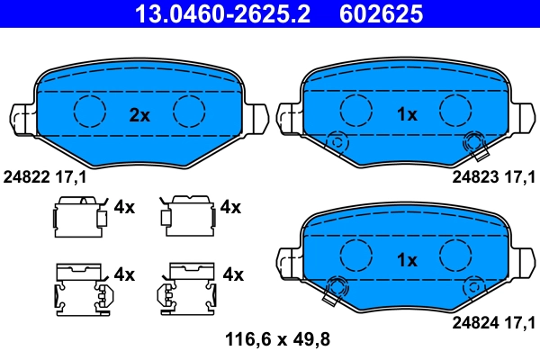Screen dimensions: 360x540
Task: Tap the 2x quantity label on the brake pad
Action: pos(139,114)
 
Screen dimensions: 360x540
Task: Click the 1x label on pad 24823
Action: pos(407,114)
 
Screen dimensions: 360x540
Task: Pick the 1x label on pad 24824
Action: pos(407,260)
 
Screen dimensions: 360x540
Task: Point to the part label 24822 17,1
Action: pos(46,178)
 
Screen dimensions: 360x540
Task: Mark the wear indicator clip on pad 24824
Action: pos(338,288)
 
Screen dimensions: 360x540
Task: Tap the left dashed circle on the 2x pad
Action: pos(89,111)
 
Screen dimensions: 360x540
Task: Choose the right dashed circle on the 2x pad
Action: pos(190,111)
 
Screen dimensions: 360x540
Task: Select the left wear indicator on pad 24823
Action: pos(337,141)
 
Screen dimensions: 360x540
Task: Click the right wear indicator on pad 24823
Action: pos(472,141)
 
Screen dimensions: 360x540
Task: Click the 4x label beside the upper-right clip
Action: pos(230,207)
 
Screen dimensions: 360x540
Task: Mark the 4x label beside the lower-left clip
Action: pos(124,274)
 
